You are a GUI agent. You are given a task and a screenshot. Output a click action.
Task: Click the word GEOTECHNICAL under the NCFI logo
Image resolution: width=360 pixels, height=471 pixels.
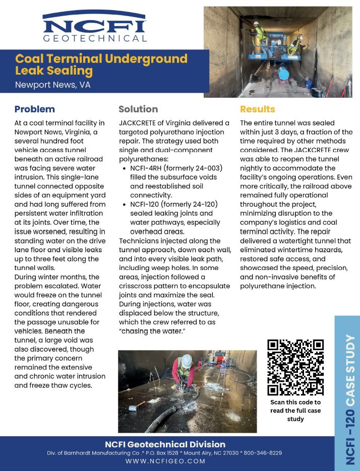click(95, 39)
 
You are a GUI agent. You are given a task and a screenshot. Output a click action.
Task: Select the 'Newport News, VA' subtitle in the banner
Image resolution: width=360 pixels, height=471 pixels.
click(52, 85)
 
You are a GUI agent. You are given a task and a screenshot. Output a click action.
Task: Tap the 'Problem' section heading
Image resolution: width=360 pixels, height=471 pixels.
click(34, 109)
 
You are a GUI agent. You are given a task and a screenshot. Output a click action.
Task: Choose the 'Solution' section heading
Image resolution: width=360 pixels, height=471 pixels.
click(138, 109)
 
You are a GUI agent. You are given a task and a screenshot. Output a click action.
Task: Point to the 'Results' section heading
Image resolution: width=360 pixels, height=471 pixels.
click(257, 109)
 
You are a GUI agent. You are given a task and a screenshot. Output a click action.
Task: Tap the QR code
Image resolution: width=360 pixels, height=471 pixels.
click(295, 367)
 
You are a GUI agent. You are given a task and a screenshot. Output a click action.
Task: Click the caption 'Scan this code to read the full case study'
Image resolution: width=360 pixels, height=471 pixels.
click(295, 411)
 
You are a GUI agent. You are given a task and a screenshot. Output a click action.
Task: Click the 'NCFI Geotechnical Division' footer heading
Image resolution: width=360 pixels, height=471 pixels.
click(165, 444)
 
